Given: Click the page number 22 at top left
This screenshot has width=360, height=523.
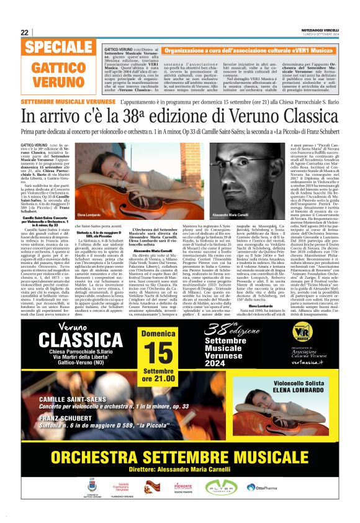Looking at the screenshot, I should (x=24, y=32).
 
